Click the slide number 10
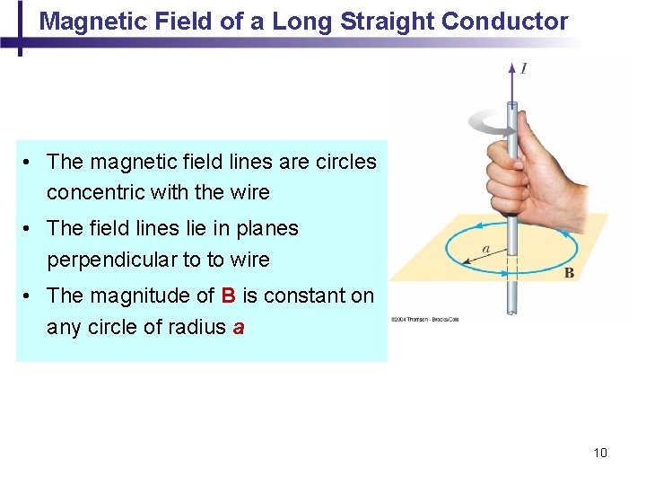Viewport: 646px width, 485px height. click(x=600, y=453)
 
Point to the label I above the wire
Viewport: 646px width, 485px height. click(x=523, y=68)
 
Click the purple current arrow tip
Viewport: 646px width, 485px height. click(x=511, y=68)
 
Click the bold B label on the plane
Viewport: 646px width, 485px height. click(x=569, y=273)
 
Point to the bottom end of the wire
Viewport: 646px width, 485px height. click(x=511, y=312)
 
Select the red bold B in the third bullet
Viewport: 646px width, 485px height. click(x=228, y=295)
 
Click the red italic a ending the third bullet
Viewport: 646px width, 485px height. click(x=238, y=327)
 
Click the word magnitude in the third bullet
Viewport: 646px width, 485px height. click(x=132, y=295)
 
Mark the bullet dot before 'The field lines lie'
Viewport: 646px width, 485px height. click(x=30, y=229)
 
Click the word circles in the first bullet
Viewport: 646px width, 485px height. click(x=345, y=162)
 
